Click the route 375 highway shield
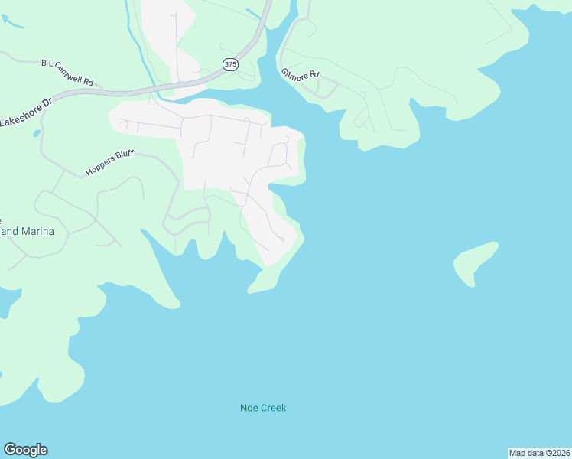click(231, 65)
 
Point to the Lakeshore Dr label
click(25, 112)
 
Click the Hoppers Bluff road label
click(109, 164)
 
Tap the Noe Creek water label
click(263, 408)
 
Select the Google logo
click(25, 450)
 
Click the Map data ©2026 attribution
click(539, 453)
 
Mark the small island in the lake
click(474, 262)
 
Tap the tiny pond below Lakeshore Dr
click(36, 134)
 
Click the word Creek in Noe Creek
click(273, 408)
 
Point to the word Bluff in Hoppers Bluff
click(125, 157)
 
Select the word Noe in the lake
click(249, 408)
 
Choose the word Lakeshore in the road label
click(19, 116)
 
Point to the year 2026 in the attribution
click(561, 453)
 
